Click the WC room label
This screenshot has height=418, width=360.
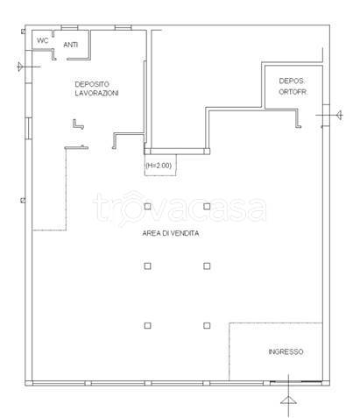[x=42, y=40]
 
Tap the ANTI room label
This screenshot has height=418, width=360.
[x=70, y=45]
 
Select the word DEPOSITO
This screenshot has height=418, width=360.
[x=92, y=84]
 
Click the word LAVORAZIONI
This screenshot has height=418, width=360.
[x=96, y=93]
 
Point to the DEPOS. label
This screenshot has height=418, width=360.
[x=292, y=81]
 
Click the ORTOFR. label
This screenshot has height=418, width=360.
[x=293, y=92]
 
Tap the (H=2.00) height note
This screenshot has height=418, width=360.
[x=159, y=166]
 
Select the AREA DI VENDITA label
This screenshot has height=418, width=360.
[x=171, y=233]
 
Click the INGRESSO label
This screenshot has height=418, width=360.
[x=286, y=351]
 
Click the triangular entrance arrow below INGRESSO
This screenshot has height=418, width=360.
[x=288, y=400]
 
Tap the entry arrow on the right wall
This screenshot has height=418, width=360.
[x=340, y=115]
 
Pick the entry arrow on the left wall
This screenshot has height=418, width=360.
[x=20, y=67]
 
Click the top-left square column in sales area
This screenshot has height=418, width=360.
[x=148, y=207]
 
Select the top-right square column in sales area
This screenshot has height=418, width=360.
[x=207, y=207]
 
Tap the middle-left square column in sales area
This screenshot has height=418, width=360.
[x=148, y=266]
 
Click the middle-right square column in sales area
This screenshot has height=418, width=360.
[x=207, y=266]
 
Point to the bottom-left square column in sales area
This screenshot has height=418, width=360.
[x=148, y=325]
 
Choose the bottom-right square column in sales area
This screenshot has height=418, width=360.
[x=207, y=325]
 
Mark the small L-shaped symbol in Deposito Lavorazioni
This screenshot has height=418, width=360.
[x=76, y=126]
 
